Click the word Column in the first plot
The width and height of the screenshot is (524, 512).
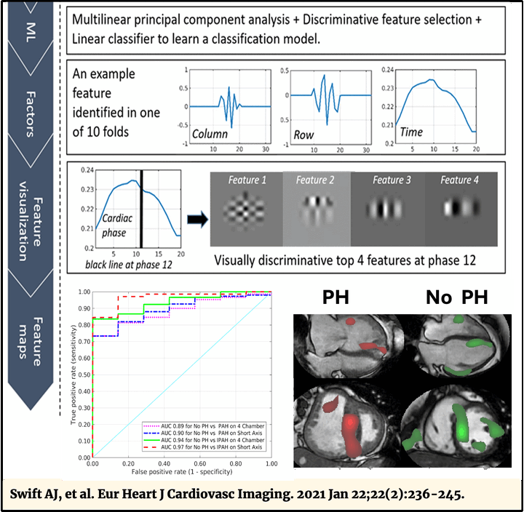click(210, 135)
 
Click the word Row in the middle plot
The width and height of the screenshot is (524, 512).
click(303, 135)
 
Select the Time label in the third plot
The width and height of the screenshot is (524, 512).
click(410, 132)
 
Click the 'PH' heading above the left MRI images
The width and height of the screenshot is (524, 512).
click(336, 297)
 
